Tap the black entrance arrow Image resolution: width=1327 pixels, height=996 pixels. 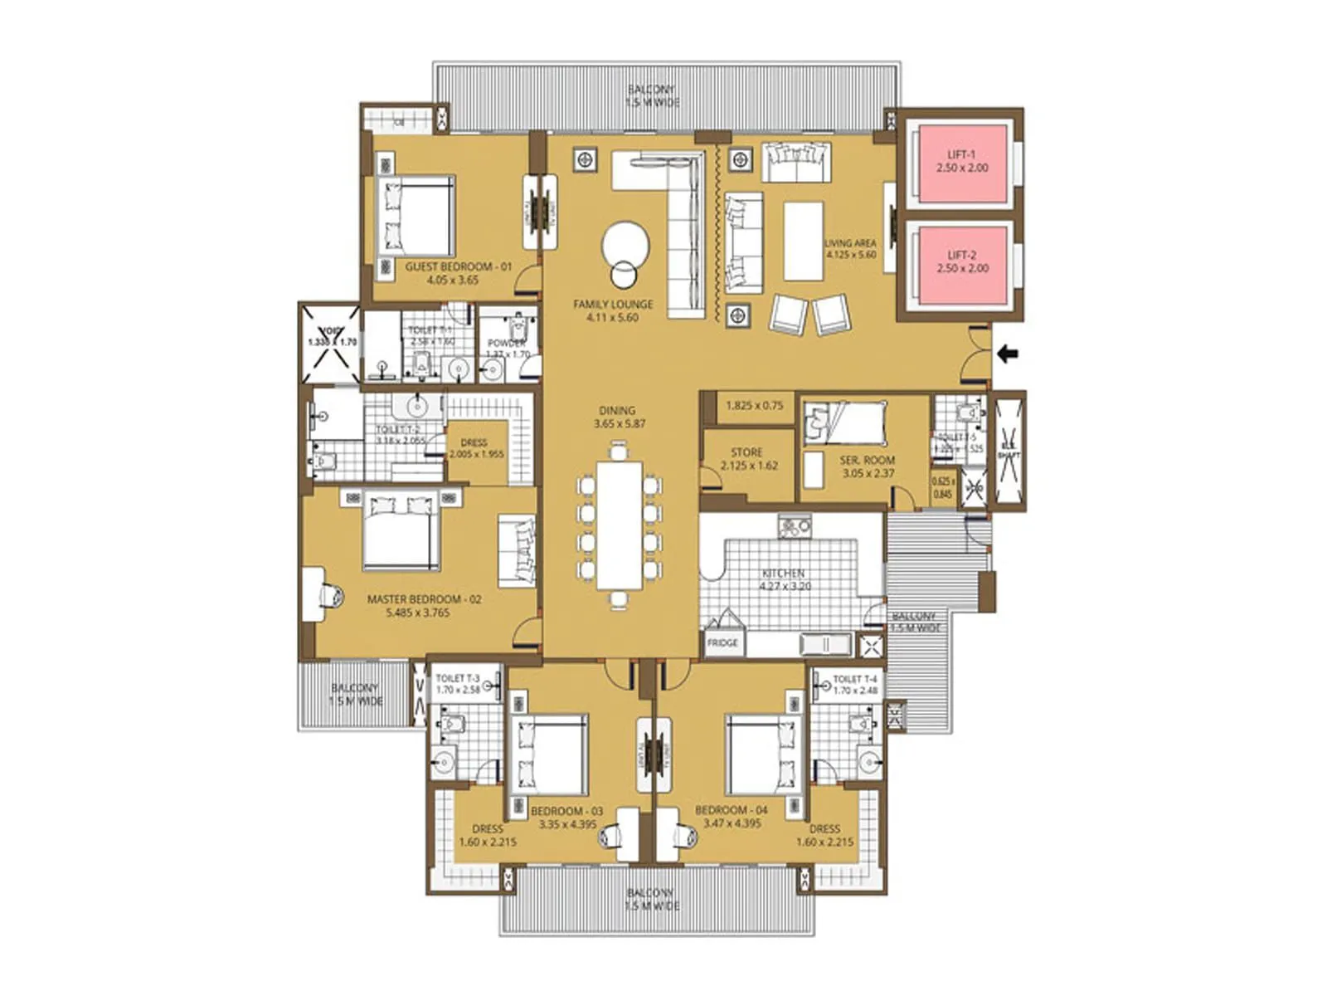pos(1007,354)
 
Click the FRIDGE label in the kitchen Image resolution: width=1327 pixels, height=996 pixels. pos(722,643)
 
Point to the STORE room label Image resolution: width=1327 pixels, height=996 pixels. pos(746,453)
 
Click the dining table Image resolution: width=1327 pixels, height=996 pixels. pos(620,525)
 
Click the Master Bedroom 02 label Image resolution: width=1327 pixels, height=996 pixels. pos(424,599)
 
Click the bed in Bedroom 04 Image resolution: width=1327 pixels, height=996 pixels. pos(761,754)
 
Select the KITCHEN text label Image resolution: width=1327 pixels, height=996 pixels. pos(783,574)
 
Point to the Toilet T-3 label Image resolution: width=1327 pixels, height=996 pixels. pos(458,679)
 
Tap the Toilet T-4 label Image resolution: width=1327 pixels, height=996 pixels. pos(854,679)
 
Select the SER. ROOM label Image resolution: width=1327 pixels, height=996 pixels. pos(868,461)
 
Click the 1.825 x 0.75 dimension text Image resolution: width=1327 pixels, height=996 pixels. pos(754,406)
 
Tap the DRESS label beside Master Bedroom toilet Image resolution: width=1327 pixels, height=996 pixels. pos(474,443)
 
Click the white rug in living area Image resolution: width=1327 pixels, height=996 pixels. pos(803,242)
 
